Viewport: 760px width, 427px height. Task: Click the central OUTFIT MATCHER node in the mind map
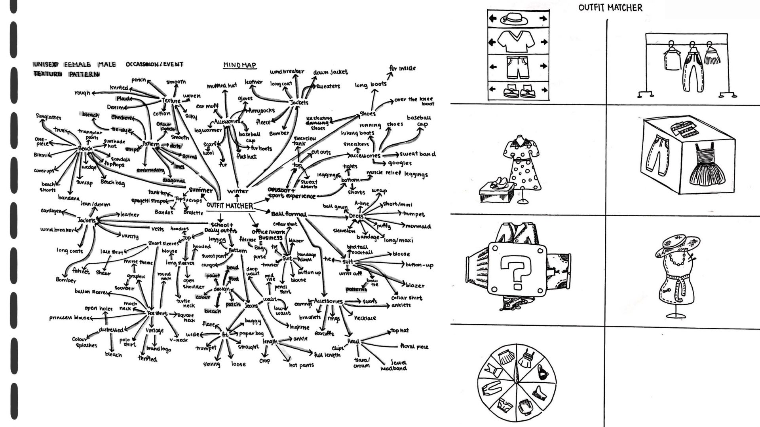(x=230, y=206)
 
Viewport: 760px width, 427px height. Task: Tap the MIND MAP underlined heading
(x=239, y=65)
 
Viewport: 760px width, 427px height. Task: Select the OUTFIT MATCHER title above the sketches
(x=610, y=8)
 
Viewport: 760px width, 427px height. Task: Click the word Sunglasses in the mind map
(x=49, y=117)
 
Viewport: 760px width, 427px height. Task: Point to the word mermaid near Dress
(x=418, y=227)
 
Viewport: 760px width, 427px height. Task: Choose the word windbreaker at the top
(x=287, y=72)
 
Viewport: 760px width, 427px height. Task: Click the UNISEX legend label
(x=46, y=64)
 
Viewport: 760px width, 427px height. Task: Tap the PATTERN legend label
(x=84, y=74)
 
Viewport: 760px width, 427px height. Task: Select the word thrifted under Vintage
(x=148, y=359)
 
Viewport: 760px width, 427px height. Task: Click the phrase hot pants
(x=301, y=365)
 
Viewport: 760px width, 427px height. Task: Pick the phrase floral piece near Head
(x=414, y=347)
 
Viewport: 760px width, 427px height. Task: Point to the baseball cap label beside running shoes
(x=419, y=121)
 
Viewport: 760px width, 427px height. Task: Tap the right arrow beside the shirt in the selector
(x=544, y=42)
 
